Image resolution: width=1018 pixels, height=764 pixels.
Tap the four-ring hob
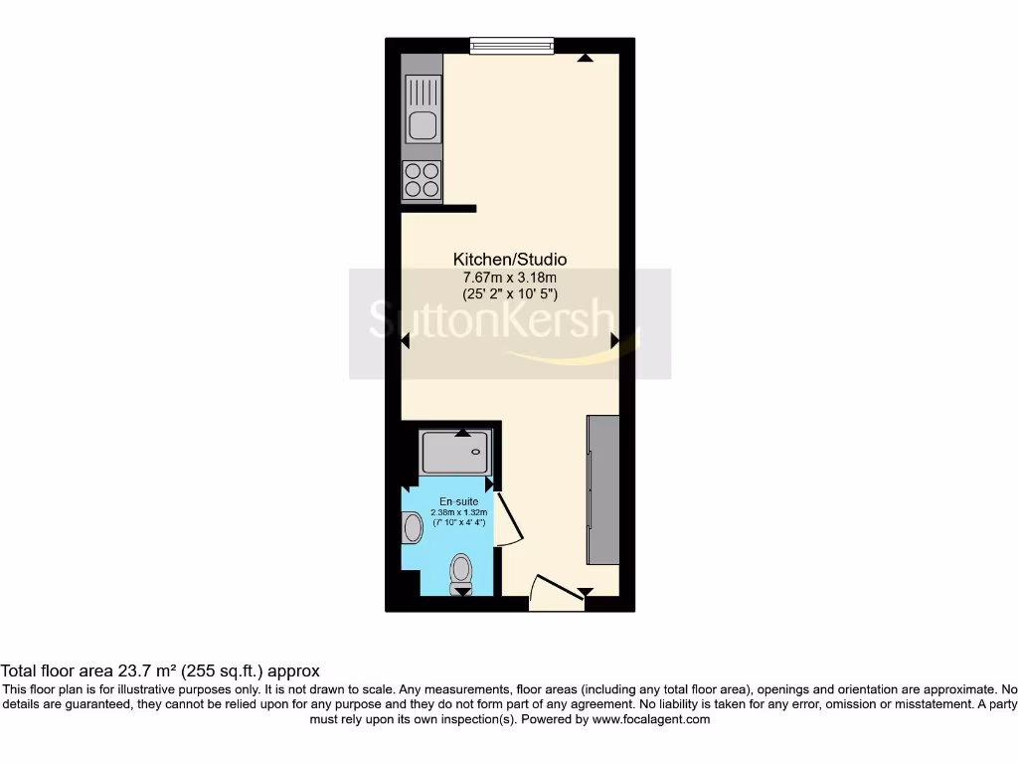422,179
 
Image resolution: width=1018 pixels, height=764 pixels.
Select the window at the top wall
511,45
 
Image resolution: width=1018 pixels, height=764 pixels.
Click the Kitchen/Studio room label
510,259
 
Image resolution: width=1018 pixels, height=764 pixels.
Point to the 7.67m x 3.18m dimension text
510,277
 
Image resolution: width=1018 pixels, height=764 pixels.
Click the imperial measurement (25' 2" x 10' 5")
510,294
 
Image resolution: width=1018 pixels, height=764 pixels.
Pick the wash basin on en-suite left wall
413,527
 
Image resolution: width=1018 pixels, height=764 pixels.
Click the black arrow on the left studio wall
406,341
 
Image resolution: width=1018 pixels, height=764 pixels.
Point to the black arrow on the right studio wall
615,341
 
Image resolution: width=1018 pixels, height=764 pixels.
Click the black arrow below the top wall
586,59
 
